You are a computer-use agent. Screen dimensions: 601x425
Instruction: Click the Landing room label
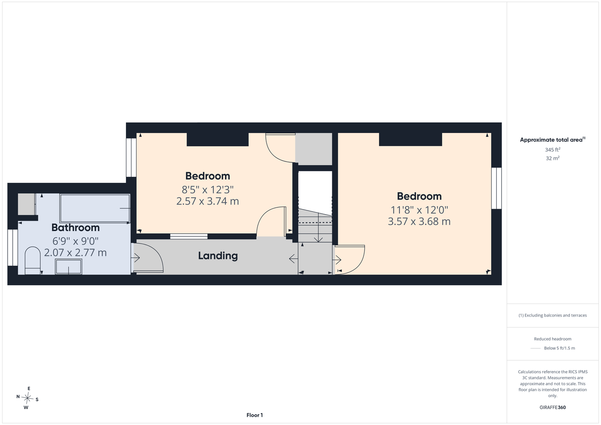pos(218,256)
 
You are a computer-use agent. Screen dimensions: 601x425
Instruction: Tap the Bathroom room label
pos(75,228)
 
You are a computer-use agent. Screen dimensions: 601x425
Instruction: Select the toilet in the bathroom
pos(32,261)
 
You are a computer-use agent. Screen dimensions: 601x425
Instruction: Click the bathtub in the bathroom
pos(95,208)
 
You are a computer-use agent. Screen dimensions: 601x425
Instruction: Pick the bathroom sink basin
pos(68,267)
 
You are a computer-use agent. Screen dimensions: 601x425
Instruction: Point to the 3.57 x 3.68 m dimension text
pos(419,221)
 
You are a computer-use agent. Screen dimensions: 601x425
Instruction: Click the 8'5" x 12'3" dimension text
pos(208,190)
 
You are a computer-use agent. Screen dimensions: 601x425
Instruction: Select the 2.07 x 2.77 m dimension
pos(75,252)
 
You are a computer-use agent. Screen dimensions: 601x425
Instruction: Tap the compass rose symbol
pos(27,398)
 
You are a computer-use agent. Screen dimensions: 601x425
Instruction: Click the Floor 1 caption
pos(255,415)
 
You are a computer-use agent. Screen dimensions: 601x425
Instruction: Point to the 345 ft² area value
pos(553,150)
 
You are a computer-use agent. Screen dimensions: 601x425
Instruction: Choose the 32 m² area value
pos(553,158)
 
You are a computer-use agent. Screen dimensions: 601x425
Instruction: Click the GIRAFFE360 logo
pos(553,407)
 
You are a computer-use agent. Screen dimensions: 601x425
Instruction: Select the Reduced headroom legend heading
pos(553,339)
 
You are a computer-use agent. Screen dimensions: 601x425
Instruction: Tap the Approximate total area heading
pos(553,139)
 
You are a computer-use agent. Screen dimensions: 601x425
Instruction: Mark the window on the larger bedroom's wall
pos(496,188)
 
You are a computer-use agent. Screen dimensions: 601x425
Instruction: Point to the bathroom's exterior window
pos(13,247)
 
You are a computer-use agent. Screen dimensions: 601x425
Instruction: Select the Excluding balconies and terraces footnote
pos(553,315)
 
